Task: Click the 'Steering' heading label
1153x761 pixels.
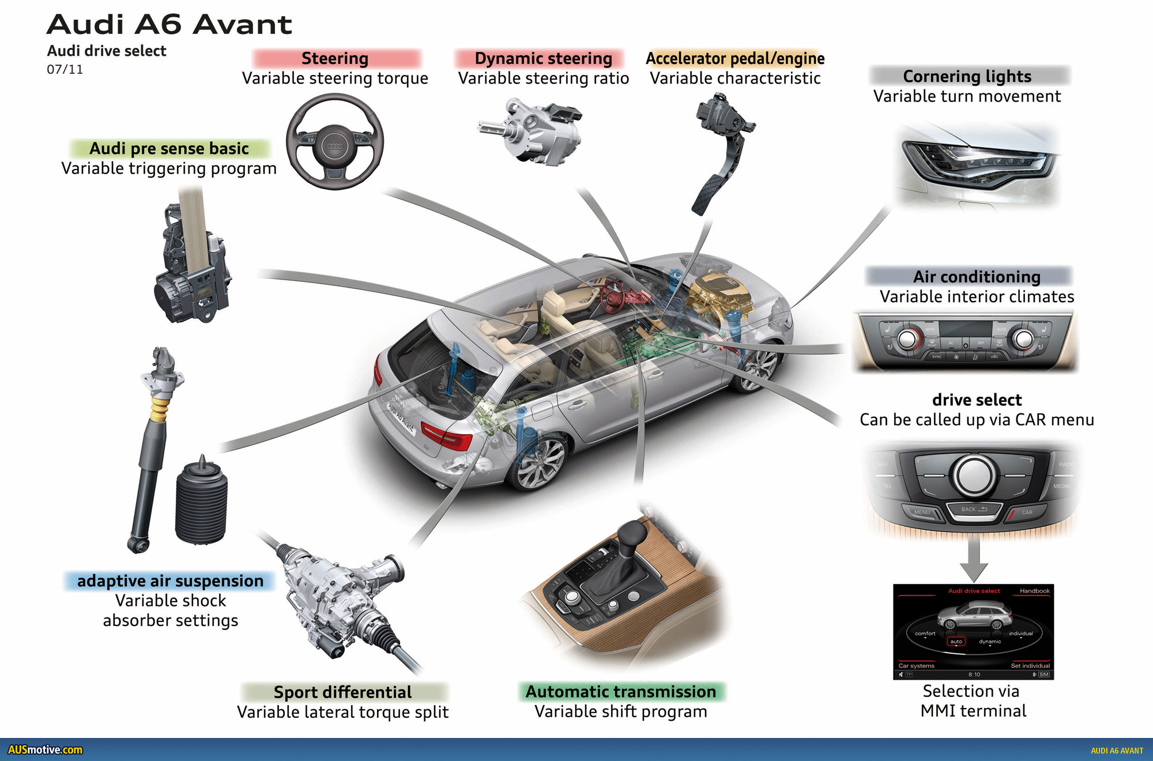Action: [335, 59]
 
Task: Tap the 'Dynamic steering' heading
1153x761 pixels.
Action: [543, 59]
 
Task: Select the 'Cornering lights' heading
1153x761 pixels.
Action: [967, 77]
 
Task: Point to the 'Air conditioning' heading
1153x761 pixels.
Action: [976, 277]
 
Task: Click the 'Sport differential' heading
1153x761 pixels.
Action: [342, 692]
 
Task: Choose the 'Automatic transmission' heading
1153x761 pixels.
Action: [621, 692]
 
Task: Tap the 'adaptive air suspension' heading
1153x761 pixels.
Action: [170, 581]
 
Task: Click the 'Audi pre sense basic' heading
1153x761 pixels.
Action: [169, 149]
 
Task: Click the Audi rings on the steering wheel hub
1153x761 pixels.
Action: [335, 146]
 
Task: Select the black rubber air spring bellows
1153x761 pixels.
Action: [201, 502]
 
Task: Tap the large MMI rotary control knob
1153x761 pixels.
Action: [975, 476]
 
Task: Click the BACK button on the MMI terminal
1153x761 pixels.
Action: [974, 510]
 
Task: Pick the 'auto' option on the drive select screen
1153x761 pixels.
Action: [956, 642]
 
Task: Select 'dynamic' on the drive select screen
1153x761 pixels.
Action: [990, 642]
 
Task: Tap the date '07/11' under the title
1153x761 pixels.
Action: [65, 70]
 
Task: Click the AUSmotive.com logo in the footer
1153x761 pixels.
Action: [45, 750]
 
